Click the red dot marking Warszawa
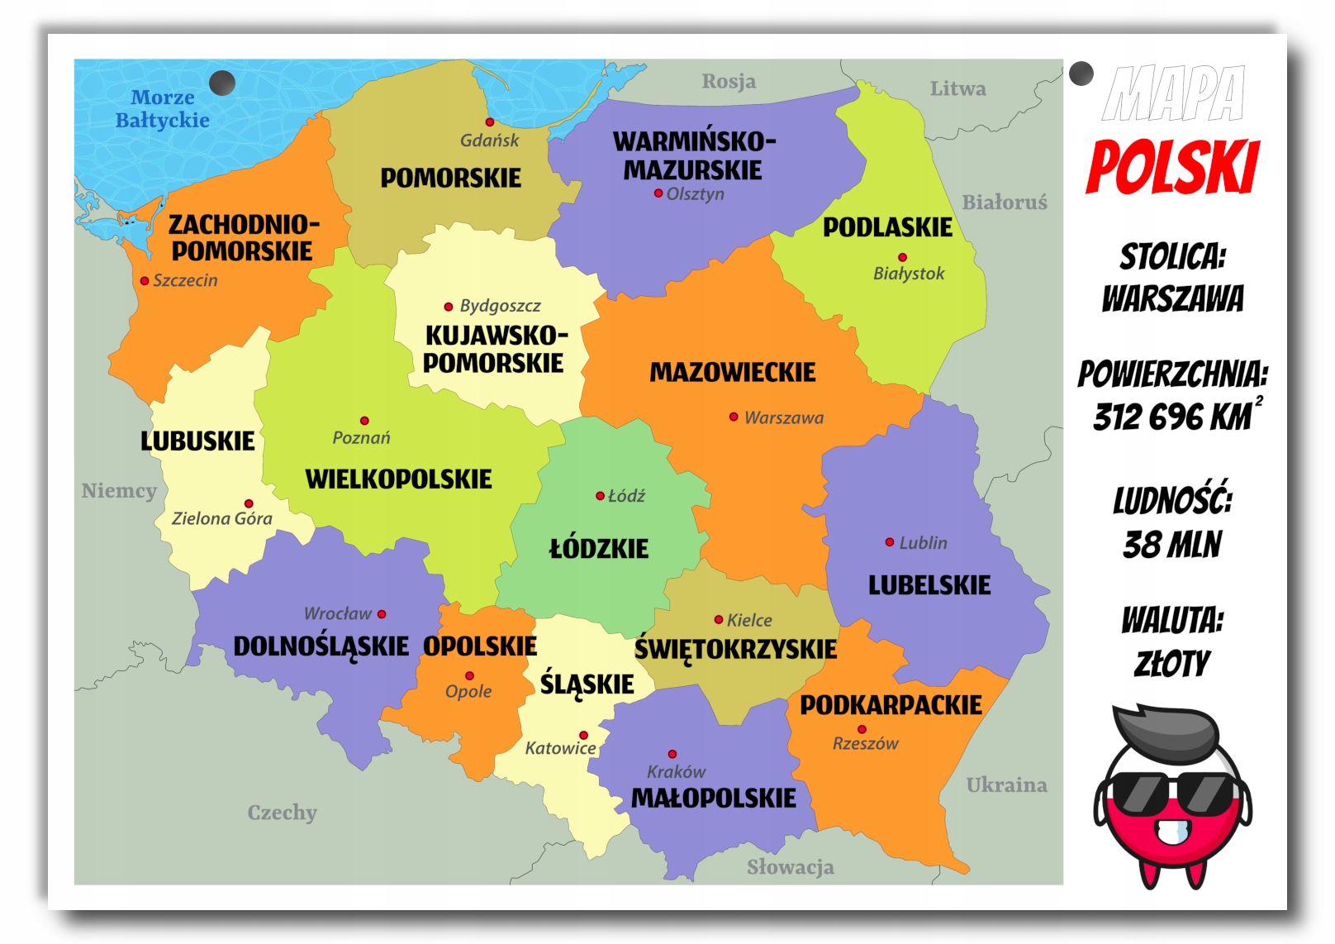(x=733, y=417)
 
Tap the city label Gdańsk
(x=489, y=141)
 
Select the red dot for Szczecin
(x=145, y=281)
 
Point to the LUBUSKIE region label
(x=197, y=441)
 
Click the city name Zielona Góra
(x=221, y=518)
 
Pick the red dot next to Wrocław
(x=382, y=614)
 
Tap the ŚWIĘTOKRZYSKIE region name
(x=735, y=650)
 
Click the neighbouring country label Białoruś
(x=1004, y=203)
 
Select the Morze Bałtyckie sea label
(x=162, y=109)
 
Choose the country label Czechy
(x=282, y=813)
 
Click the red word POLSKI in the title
(x=1172, y=168)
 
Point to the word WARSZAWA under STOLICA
(x=1172, y=298)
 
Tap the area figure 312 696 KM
(x=1172, y=417)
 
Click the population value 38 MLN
(x=1172, y=545)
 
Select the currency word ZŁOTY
(x=1172, y=664)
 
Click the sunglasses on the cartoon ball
(x=1172, y=793)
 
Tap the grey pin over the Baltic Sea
(x=222, y=83)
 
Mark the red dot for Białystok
(x=902, y=257)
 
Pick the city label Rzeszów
(x=865, y=744)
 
